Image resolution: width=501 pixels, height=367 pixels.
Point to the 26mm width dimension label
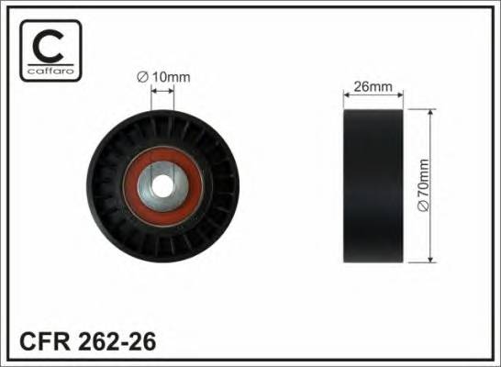pos(373,87)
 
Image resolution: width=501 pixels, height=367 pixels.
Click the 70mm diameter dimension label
pos(423,186)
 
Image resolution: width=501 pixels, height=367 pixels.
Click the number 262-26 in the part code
pos(118,342)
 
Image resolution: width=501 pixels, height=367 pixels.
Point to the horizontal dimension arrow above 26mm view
pos(373,96)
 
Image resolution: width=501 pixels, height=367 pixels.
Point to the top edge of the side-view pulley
pos(373,109)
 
